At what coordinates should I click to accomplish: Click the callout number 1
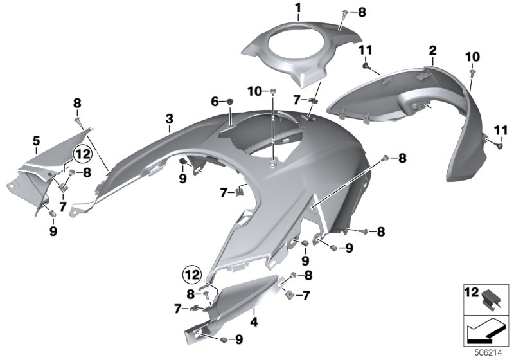point(297,8)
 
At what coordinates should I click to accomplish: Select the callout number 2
point(432,51)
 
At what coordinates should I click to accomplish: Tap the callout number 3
point(169,119)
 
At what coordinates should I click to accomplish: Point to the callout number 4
point(254,321)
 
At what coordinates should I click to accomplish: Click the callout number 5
point(36,141)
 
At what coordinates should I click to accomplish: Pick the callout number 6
point(215,102)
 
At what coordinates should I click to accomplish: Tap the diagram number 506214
point(488,353)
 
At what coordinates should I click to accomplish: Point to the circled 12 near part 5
point(82,154)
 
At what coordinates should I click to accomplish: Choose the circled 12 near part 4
point(192,274)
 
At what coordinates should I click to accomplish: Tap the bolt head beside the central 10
point(272,91)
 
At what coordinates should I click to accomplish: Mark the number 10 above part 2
point(472,57)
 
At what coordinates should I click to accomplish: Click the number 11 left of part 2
point(365,51)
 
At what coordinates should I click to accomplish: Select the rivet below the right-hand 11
point(500,146)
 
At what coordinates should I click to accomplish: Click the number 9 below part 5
point(53,231)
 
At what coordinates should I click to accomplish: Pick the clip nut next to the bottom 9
point(224,339)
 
